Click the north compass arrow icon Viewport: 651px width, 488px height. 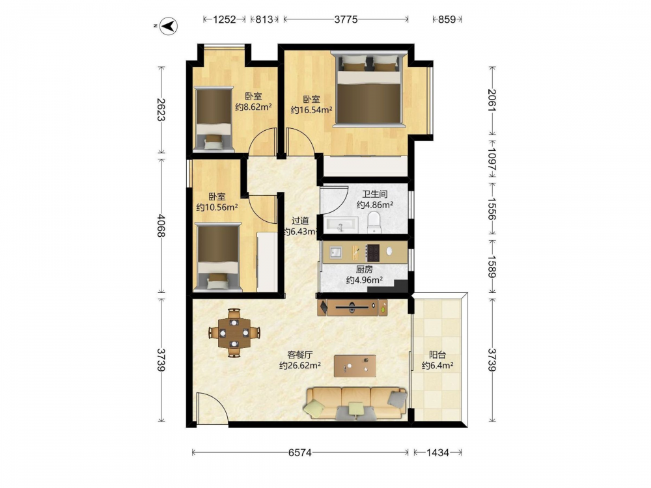tap(169, 26)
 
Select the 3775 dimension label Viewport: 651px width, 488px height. tap(346, 19)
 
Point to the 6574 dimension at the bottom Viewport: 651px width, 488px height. tap(299, 453)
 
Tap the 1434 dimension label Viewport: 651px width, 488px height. tap(437, 453)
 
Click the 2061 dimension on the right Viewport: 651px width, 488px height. tap(492, 100)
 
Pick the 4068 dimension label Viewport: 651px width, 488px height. tap(161, 226)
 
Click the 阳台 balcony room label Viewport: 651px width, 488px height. tap(437, 355)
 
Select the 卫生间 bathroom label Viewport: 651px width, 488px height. tap(374, 194)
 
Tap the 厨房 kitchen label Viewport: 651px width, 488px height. tap(364, 269)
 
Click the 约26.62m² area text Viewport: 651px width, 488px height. tap(299, 366)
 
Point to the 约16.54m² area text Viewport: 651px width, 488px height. tap(311, 110)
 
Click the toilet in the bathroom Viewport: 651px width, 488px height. tap(374, 223)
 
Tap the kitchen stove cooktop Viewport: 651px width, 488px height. tap(373, 252)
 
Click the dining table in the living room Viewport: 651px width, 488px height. tap(234, 332)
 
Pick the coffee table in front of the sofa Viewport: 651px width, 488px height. tap(355, 366)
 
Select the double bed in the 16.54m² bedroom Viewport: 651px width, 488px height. tap(369, 88)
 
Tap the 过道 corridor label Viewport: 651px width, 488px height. tap(299, 221)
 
